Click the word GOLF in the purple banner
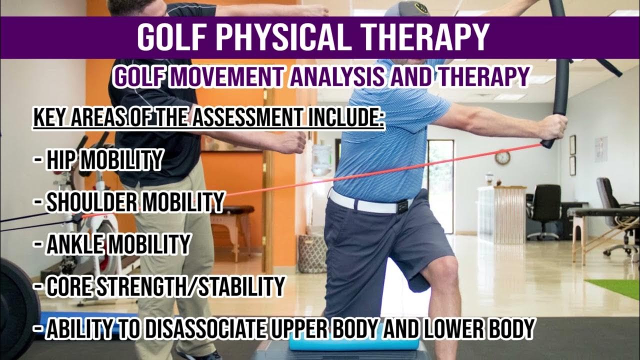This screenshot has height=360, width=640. (x=170, y=36)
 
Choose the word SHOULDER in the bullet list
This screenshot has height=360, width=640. (x=93, y=201)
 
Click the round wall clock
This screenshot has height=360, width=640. (x=502, y=157)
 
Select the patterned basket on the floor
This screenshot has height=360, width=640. (x=312, y=252)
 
